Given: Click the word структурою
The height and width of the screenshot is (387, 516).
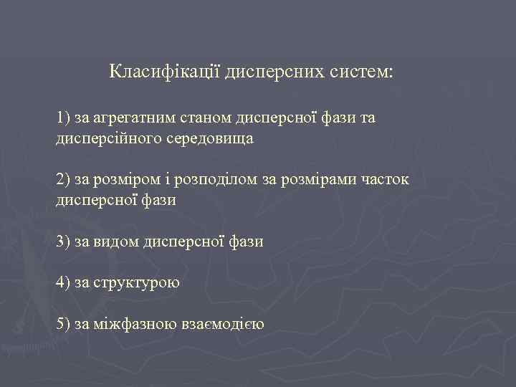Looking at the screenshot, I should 136,283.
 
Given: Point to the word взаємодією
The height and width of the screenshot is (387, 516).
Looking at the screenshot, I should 223,324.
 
